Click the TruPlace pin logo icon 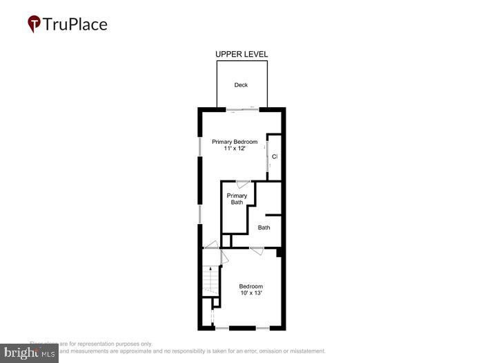coord(34,24)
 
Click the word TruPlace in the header coord(75,24)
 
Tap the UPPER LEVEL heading coord(241,54)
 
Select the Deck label coord(241,85)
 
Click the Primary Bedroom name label coord(235,142)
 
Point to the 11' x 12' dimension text coord(235,149)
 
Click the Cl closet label coord(275,157)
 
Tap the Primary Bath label coord(237,199)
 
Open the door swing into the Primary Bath coord(243,184)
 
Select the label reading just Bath coord(264,227)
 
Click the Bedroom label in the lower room coord(250,286)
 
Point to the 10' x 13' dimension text coord(250,294)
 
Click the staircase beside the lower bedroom coord(210,280)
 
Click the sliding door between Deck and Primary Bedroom coord(241,109)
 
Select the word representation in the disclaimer coord(98,344)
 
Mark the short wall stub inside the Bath coord(274,215)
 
